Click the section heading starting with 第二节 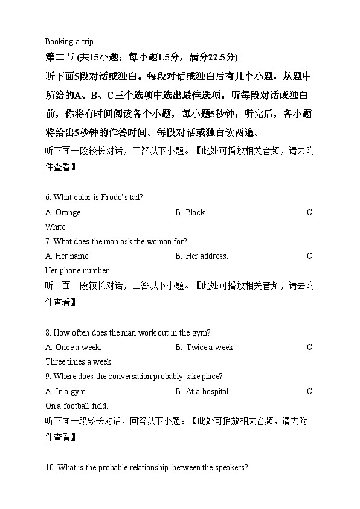pyautogui.click(x=141, y=57)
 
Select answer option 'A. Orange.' pyautogui.click(x=63, y=213)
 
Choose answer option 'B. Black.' pyautogui.click(x=191, y=213)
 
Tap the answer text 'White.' pyautogui.click(x=56, y=227)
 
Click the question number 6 pyautogui.click(x=48, y=198)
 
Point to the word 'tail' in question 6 pyautogui.click(x=134, y=198)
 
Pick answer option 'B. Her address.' pyautogui.click(x=202, y=256)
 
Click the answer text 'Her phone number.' pyautogui.click(x=78, y=271)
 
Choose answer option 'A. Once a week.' pyautogui.click(x=73, y=348)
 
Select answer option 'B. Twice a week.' pyautogui.click(x=205, y=348)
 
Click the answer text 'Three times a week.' pyautogui.click(x=79, y=362)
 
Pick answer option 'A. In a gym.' pyautogui.click(x=66, y=392)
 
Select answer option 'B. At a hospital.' pyautogui.click(x=202, y=392)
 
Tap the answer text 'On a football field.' pyautogui.click(x=77, y=406)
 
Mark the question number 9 pyautogui.click(x=48, y=377)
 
